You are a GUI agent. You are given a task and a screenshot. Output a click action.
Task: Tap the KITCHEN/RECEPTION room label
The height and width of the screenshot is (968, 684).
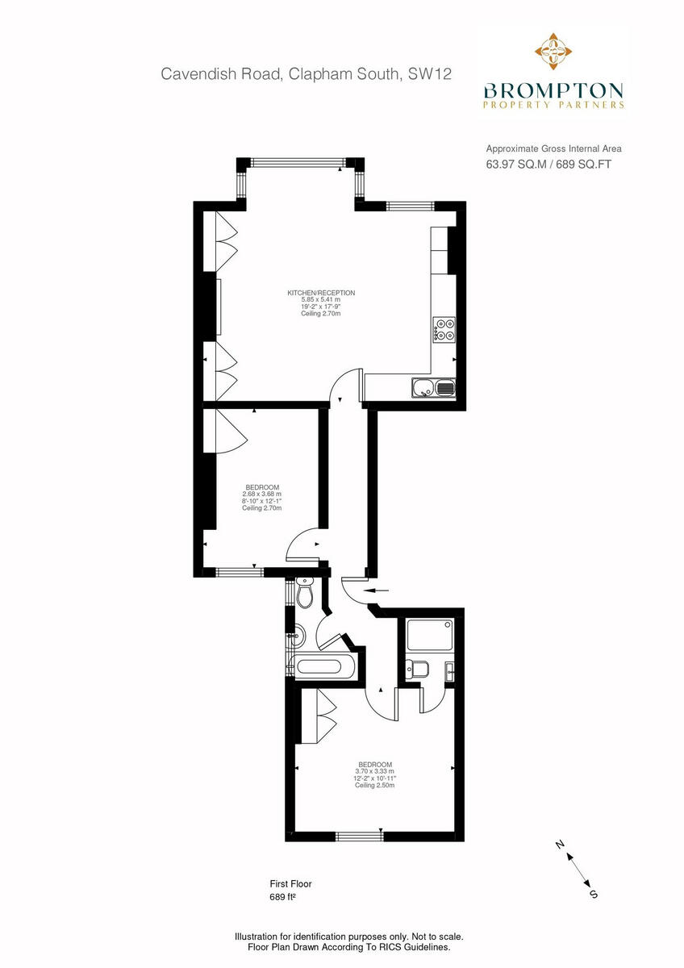(321, 293)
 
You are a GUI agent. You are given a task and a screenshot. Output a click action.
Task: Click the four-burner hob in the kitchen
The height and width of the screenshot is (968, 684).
(444, 330)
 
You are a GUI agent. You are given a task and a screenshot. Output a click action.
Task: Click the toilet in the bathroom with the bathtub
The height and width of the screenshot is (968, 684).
(306, 595)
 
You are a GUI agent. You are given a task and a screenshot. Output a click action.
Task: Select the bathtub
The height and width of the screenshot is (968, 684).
(327, 667)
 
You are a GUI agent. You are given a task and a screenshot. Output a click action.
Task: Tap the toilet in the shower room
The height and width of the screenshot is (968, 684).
(415, 669)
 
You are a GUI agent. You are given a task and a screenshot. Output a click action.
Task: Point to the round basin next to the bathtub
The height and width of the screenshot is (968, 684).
(296, 636)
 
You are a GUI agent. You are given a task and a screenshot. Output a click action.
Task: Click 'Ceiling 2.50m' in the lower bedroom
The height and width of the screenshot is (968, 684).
(375, 786)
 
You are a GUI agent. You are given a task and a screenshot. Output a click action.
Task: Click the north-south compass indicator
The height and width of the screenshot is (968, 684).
(576, 868)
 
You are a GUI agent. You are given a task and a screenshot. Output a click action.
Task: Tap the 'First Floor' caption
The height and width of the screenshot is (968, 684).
(290, 883)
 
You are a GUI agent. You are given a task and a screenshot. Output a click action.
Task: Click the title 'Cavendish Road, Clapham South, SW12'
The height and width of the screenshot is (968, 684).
(306, 74)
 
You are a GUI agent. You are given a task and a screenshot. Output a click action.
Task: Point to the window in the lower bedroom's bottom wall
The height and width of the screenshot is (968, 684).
(359, 835)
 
